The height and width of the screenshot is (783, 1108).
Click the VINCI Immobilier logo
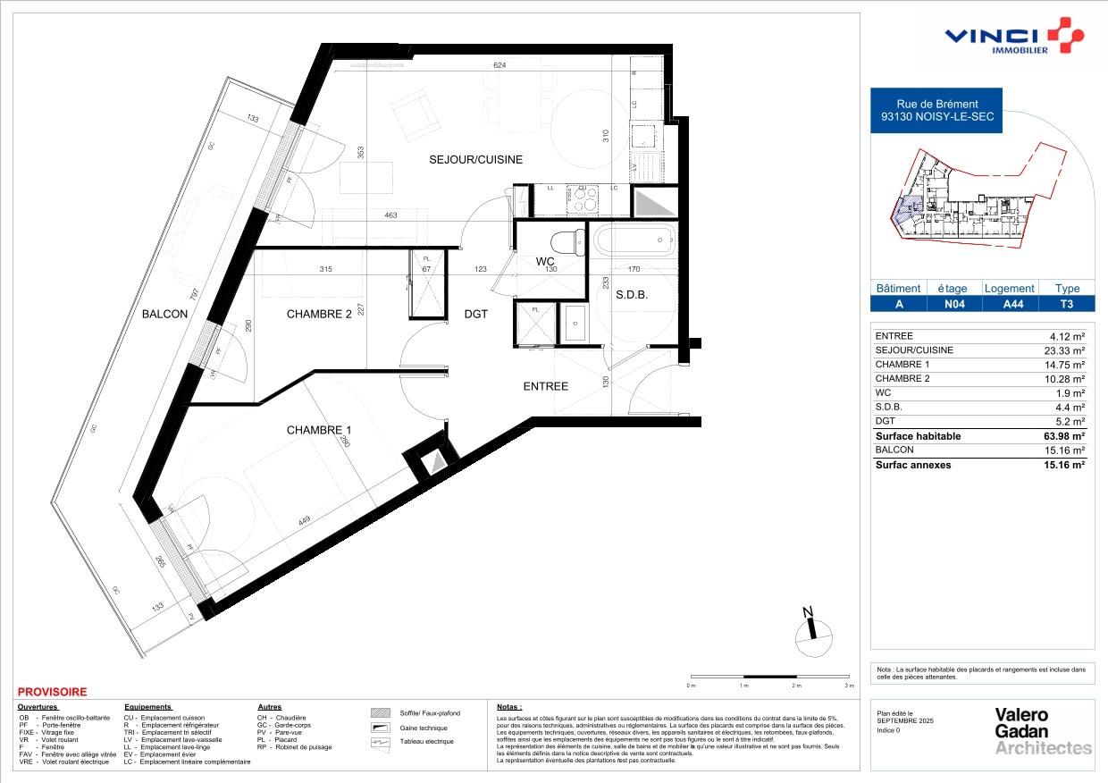coord(1014,38)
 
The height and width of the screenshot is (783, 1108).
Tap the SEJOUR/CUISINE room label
coord(475,159)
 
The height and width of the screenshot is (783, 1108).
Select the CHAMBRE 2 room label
coord(319,314)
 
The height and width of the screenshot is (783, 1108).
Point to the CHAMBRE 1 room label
coord(319,430)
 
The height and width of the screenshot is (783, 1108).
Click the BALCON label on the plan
coord(164,314)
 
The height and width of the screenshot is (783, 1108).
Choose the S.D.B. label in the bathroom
coord(631,295)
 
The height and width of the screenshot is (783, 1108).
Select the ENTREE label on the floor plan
coord(545,386)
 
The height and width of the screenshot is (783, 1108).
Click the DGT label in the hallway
coord(475,314)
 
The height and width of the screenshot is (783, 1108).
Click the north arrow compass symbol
coord(811,631)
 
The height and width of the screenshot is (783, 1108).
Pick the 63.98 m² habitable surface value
coord(1066,436)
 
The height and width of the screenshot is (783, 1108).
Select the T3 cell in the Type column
coord(1067,304)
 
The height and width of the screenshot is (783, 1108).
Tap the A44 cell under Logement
coord(1009,304)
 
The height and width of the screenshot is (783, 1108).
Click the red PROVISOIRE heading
coord(53,692)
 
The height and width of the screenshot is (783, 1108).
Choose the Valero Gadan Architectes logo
coord(1043,731)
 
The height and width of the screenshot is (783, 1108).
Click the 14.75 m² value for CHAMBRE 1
coord(1067,365)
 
